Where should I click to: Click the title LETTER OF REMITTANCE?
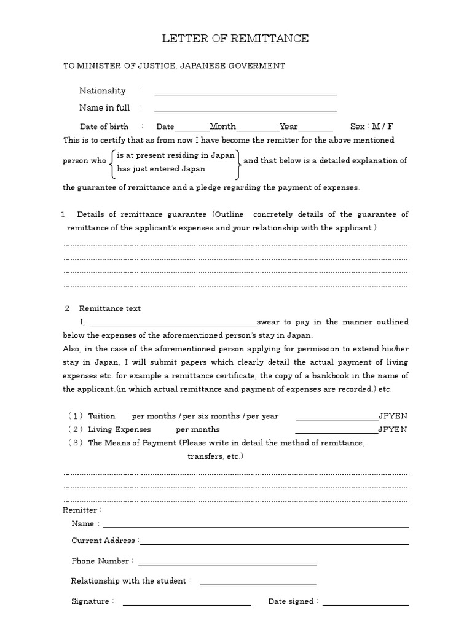pos(235,39)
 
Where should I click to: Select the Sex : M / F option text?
pos(372,127)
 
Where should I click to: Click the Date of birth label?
pos(104,127)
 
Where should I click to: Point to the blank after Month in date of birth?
pos(257,129)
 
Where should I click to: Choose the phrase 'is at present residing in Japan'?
pos(176,156)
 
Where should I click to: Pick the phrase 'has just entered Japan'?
pos(161,168)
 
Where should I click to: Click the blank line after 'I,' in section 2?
pos(173,324)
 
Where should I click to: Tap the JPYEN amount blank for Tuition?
pos(336,418)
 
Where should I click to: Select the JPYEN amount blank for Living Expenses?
pos(336,432)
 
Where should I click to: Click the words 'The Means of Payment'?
pos(133,443)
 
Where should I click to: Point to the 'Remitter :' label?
pos(82,510)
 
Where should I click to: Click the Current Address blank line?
pos(275,543)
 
